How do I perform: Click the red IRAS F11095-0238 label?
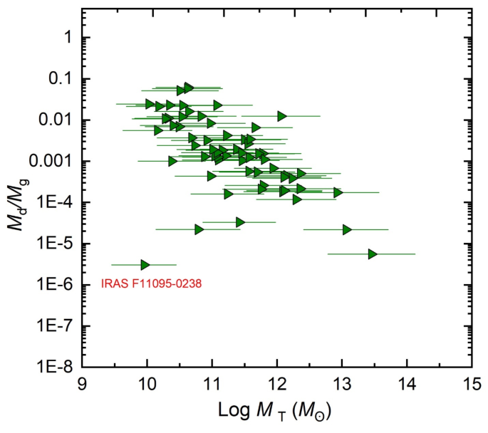coord(152,283)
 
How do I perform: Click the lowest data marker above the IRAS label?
coord(145,265)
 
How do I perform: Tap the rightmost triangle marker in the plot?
coord(373,254)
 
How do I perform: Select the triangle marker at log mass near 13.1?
coord(348,229)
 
